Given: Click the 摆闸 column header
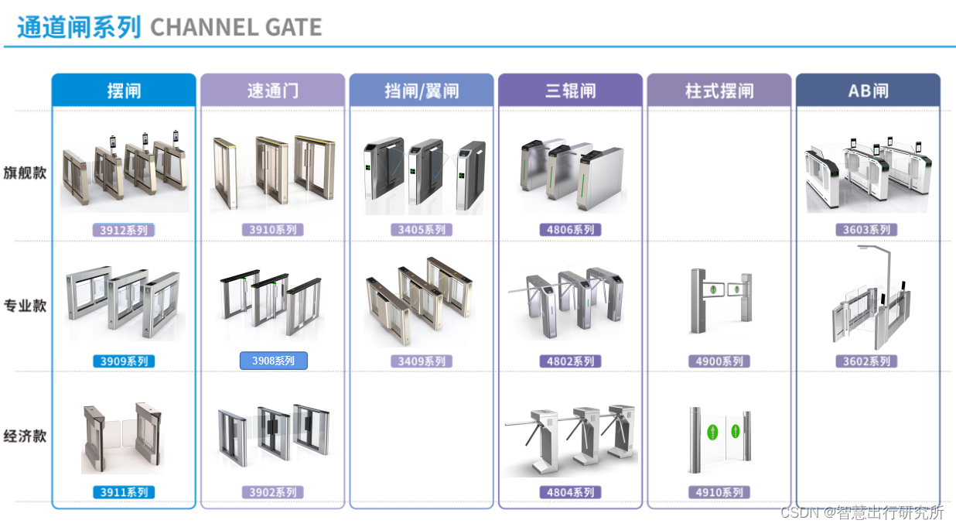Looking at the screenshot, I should pyautogui.click(x=124, y=91).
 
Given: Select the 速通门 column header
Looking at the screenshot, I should pyautogui.click(x=272, y=91).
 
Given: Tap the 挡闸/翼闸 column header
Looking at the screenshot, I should pyautogui.click(x=422, y=91).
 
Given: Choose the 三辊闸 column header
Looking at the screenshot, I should pyautogui.click(x=570, y=91).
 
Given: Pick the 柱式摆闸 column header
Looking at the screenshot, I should pyautogui.click(x=719, y=91).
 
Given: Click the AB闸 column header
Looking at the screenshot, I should pyautogui.click(x=868, y=91).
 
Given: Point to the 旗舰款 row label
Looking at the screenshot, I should pyautogui.click(x=25, y=173).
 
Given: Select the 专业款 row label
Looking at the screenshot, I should pyautogui.click(x=25, y=305).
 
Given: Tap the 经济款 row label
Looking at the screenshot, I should pyautogui.click(x=25, y=436).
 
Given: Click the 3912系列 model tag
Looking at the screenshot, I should pyautogui.click(x=124, y=230).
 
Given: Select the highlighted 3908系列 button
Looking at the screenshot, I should pyautogui.click(x=273, y=361).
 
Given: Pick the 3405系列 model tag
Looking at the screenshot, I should pyautogui.click(x=422, y=230).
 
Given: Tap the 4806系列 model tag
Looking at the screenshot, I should pyautogui.click(x=570, y=230).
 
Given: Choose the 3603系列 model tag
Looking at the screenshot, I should pyautogui.click(x=867, y=230).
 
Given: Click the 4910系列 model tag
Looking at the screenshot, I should pyautogui.click(x=719, y=492).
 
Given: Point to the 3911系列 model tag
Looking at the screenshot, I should pyautogui.click(x=124, y=492).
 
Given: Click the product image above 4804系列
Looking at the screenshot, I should pyautogui.click(x=570, y=438).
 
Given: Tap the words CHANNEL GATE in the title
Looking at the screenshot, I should pyautogui.click(x=236, y=28).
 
